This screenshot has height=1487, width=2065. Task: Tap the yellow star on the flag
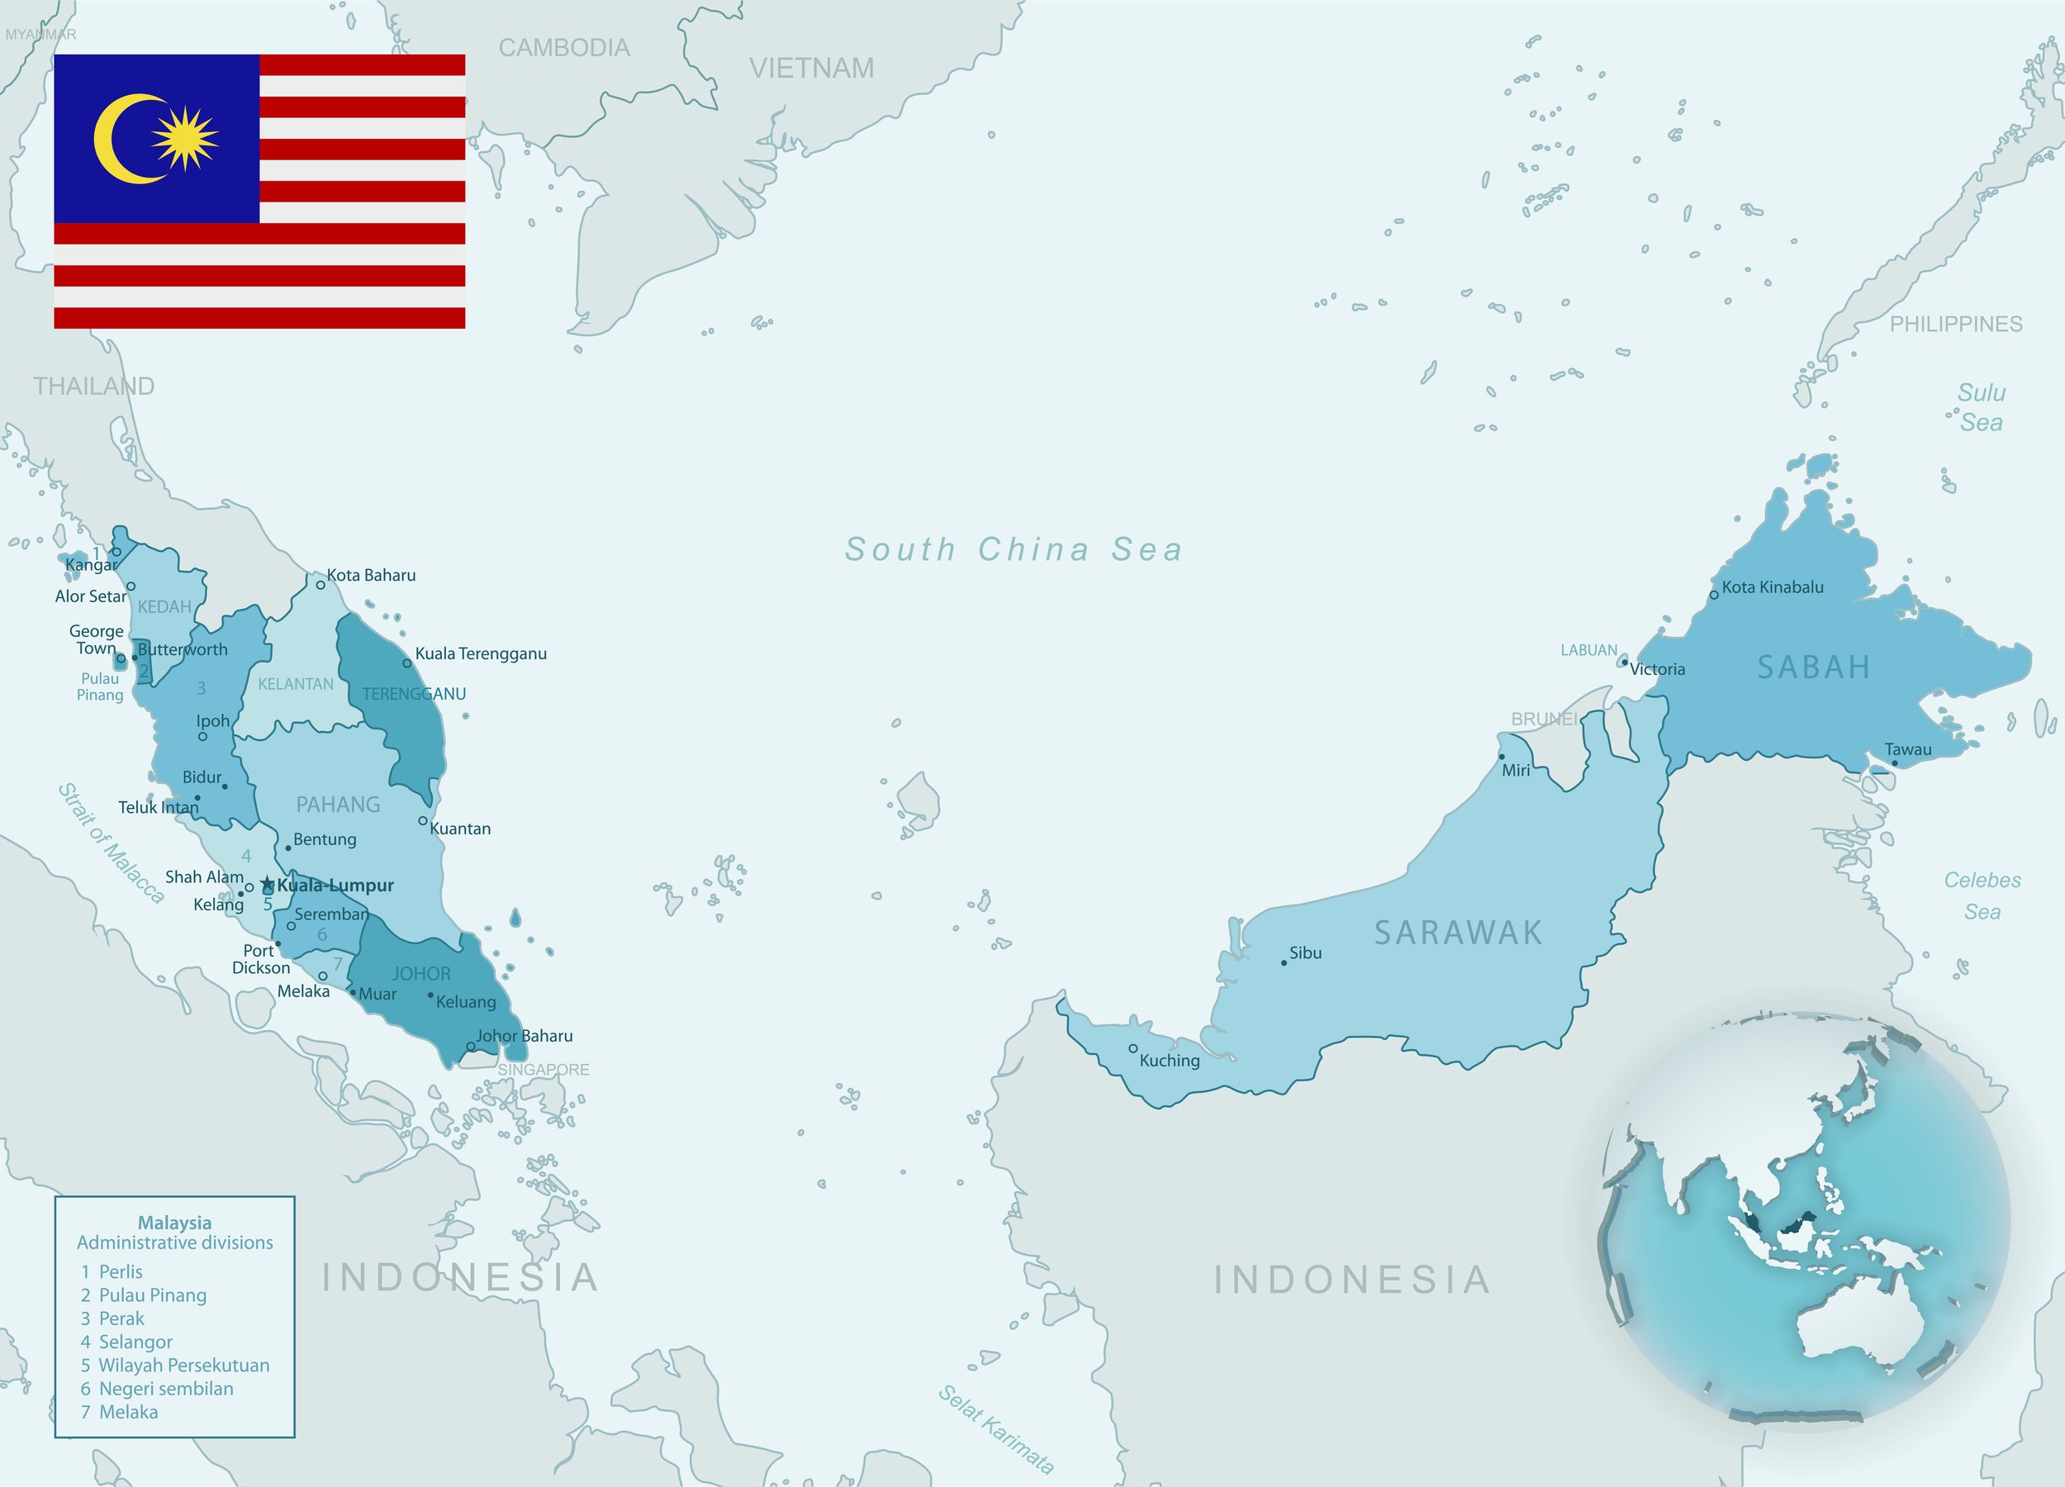click(185, 139)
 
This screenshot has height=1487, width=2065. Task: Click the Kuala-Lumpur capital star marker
click(267, 884)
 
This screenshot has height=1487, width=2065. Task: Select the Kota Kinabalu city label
click(1772, 587)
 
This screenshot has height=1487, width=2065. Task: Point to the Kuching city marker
click(1133, 1049)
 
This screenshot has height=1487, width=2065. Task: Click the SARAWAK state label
click(1458, 933)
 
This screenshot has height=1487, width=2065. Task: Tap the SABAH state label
click(1814, 667)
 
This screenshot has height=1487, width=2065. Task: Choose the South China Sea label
click(1014, 549)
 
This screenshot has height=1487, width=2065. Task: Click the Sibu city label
click(1305, 953)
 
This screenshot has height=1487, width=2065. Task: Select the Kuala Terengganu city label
click(481, 653)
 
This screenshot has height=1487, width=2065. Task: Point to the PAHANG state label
click(338, 805)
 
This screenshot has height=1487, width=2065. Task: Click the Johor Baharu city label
click(525, 1035)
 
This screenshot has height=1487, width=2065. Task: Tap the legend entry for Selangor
click(135, 1342)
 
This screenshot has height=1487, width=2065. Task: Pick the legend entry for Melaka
click(127, 1412)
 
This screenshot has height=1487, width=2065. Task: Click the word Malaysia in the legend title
click(175, 1223)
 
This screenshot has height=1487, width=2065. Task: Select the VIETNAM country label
click(811, 69)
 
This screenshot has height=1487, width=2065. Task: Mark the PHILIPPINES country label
click(1956, 324)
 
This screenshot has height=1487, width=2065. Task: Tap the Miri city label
click(1516, 771)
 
